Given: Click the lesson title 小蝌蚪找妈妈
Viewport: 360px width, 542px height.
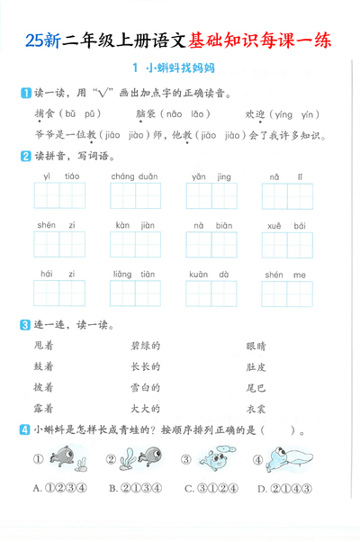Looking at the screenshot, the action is pos(181,68).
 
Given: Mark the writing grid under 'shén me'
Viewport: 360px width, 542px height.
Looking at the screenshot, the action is pos(287,294).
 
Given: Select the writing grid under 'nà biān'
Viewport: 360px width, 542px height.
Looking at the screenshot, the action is pos(211,244).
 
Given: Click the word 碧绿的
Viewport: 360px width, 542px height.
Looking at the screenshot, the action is pos(145,345).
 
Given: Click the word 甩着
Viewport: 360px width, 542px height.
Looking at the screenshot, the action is pos(43,345).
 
